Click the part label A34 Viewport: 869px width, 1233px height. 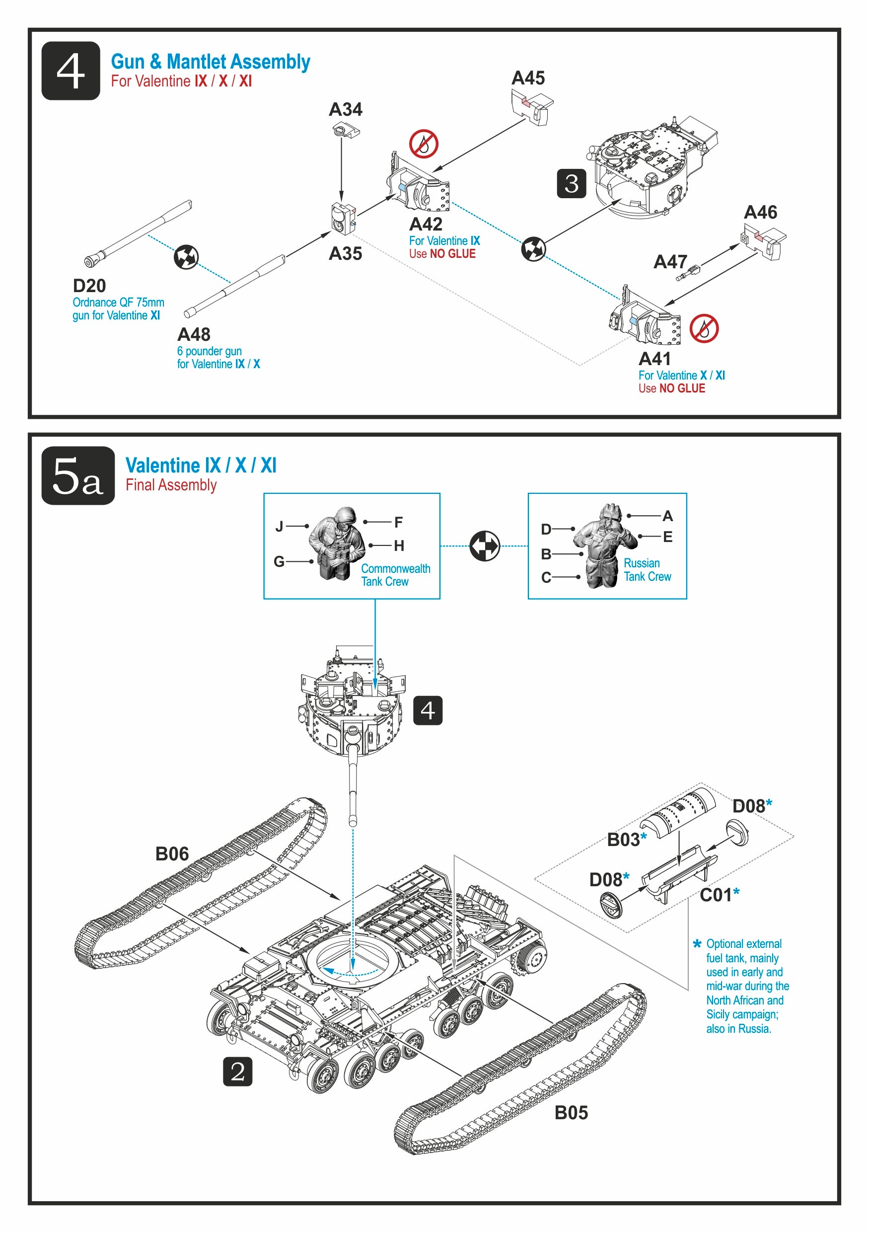[345, 110]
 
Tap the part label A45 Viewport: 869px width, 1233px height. [528, 78]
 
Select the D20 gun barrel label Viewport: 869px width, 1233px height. [89, 286]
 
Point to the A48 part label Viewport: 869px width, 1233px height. [194, 334]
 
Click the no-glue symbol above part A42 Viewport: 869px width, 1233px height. [424, 144]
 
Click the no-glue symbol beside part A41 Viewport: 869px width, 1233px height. [704, 328]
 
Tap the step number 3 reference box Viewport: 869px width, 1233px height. [571, 184]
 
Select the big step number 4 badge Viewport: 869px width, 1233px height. [71, 71]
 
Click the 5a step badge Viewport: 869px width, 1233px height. [78, 476]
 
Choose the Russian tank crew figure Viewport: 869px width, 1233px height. [605, 546]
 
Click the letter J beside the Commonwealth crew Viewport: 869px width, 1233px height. [279, 526]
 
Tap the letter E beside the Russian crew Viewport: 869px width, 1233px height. [667, 537]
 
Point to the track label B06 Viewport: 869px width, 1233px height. [172, 854]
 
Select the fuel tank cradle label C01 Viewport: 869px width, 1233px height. [716, 895]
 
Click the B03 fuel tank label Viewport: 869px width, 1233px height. [623, 840]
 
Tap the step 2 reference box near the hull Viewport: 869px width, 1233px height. [237, 1072]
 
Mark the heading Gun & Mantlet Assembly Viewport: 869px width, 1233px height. [211, 62]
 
